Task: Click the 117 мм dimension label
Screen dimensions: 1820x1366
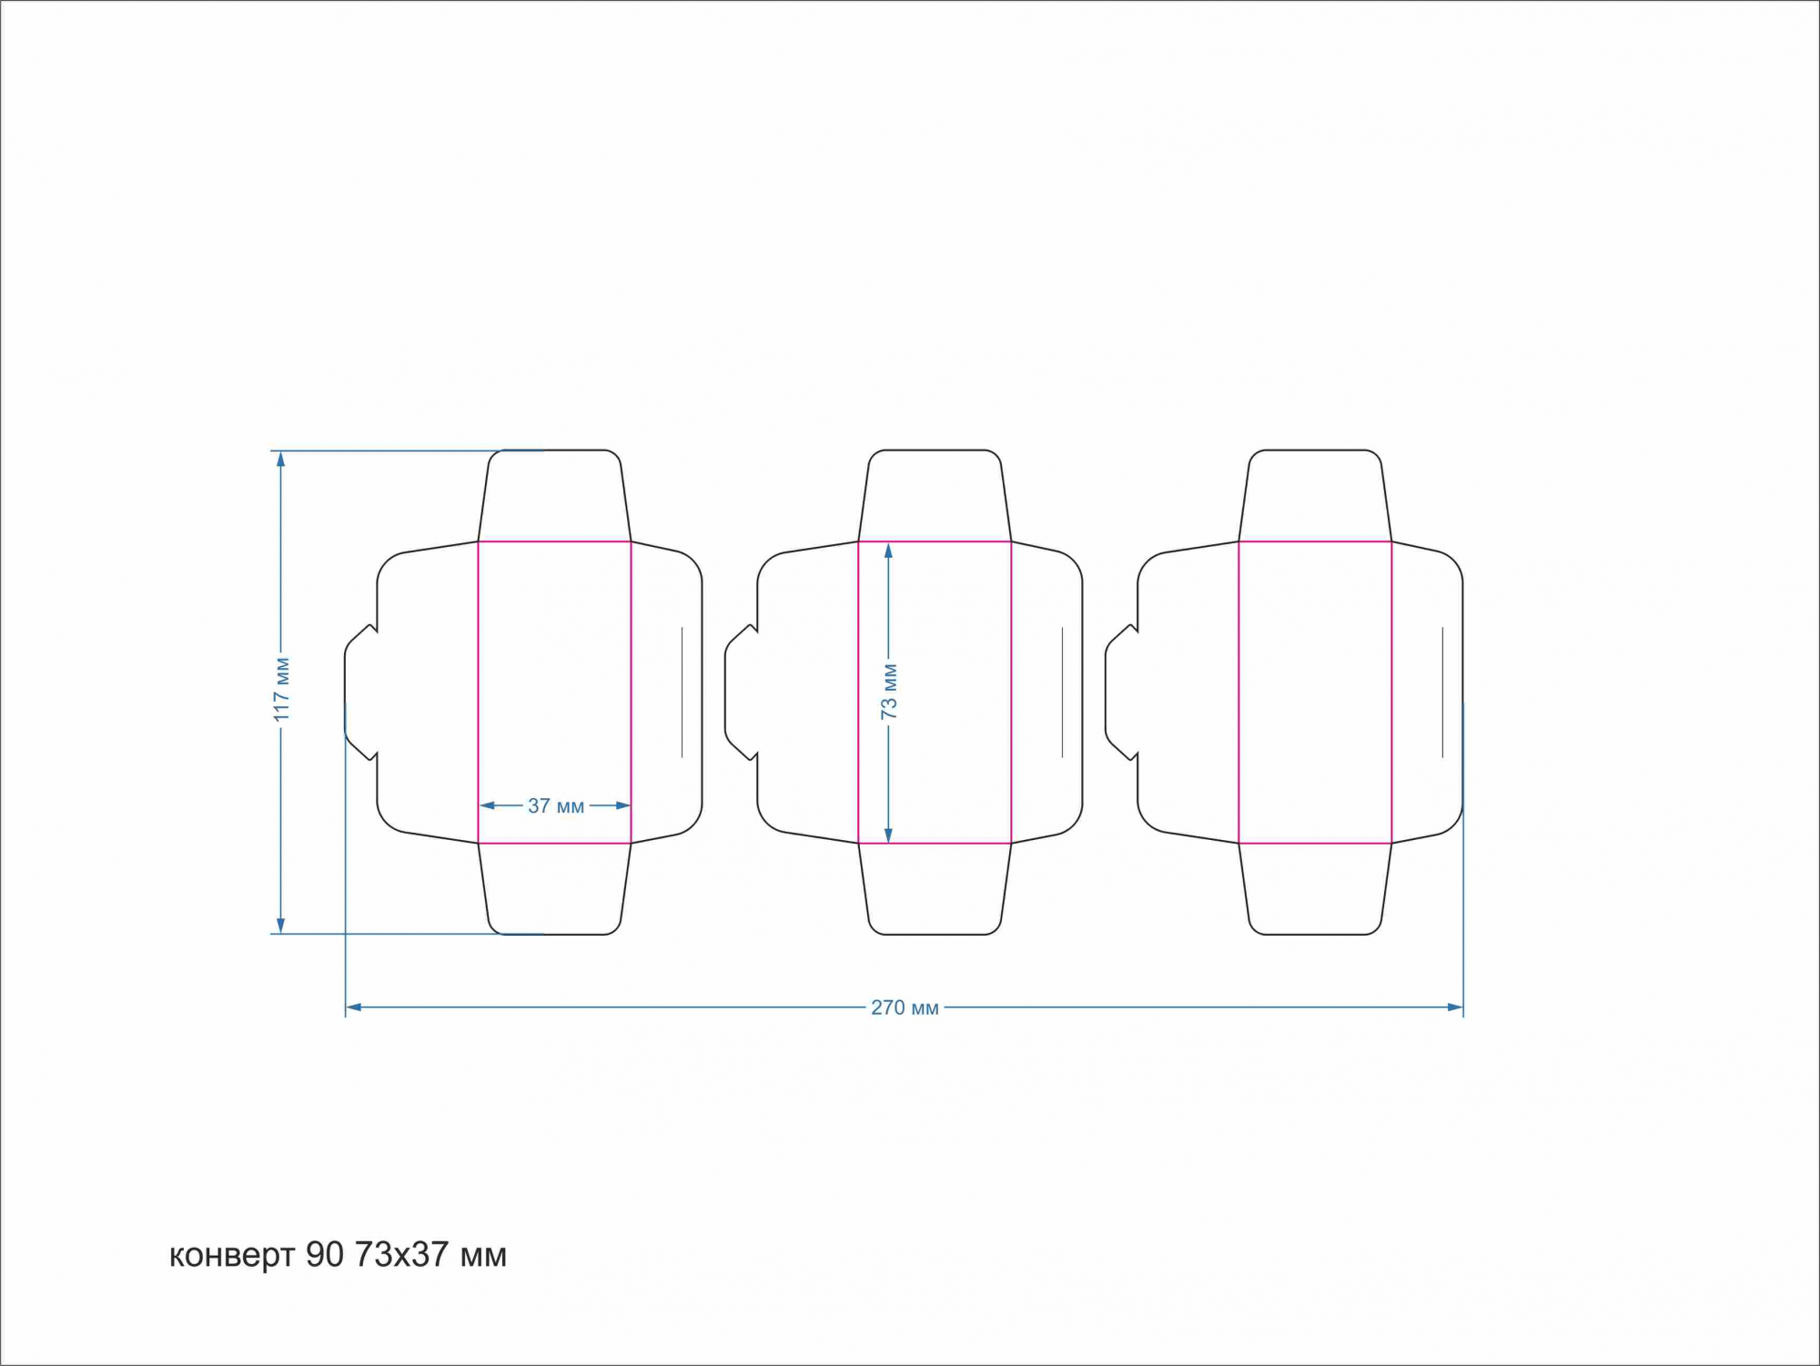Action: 282,690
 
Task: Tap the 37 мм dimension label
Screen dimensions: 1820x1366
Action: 556,805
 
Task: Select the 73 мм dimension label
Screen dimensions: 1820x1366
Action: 889,692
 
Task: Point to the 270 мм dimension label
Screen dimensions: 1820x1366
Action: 905,1007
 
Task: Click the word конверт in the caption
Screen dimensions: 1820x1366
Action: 232,1256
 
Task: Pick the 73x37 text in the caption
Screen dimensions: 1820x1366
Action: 401,1254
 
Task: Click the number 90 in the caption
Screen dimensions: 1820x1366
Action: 325,1254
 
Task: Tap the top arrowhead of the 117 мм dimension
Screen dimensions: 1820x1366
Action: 280,460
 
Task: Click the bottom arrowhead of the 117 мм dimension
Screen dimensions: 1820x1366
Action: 280,925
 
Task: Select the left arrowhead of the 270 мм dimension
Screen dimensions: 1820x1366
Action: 355,1007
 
